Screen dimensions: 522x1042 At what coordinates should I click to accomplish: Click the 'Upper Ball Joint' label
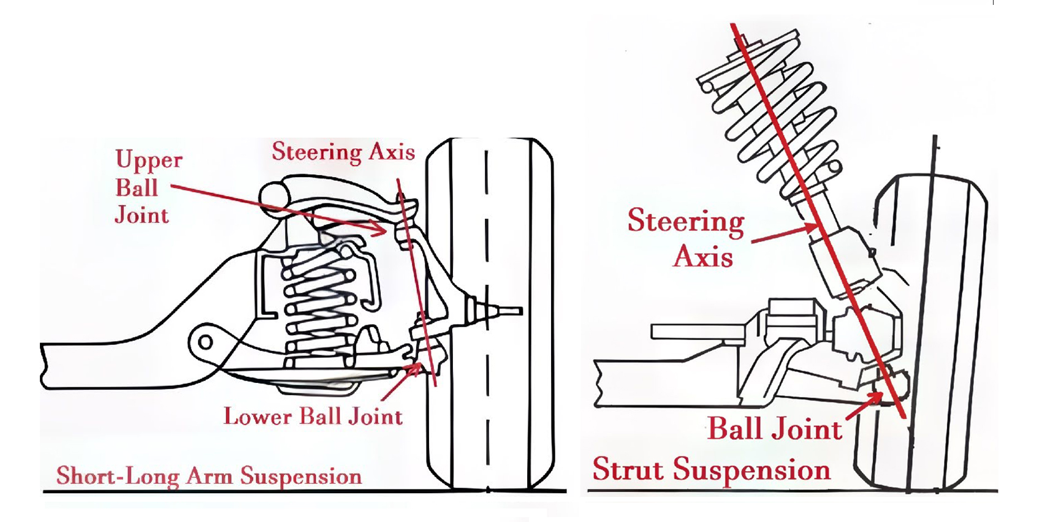[148, 187]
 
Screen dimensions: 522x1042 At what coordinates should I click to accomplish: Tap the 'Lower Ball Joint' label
[313, 417]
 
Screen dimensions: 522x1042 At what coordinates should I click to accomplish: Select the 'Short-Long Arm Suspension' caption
[209, 476]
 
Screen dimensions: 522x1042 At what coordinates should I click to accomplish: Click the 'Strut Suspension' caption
[712, 470]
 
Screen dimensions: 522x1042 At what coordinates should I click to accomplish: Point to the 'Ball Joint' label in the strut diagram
[774, 428]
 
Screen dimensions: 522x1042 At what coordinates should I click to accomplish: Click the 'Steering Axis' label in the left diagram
[343, 151]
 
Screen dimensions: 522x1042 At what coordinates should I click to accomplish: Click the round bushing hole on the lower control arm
[205, 341]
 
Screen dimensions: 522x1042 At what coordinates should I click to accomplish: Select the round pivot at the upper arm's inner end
[273, 195]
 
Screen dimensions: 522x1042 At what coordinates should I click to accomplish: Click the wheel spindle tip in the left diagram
[515, 311]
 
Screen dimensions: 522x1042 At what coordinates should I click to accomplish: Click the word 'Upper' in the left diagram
[149, 160]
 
